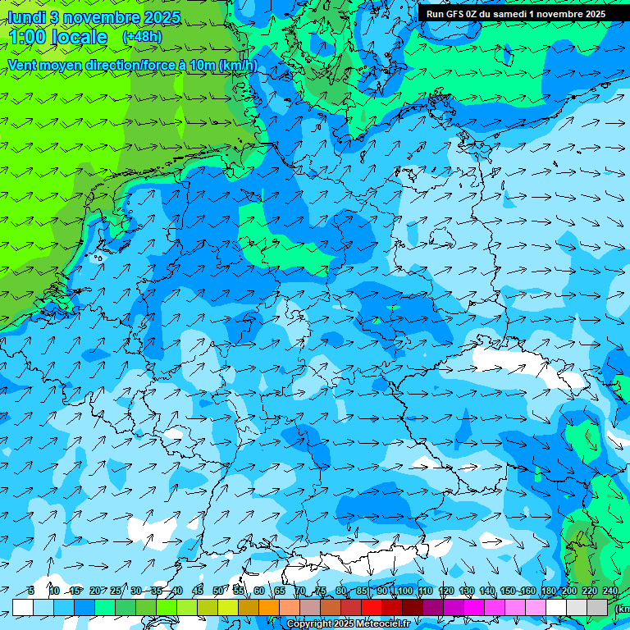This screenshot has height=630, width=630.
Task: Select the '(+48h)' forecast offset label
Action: tap(142, 37)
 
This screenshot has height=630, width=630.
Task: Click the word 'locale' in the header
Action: tap(79, 37)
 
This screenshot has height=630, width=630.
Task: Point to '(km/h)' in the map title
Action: tap(238, 65)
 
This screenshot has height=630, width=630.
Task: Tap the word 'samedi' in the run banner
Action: tap(503, 13)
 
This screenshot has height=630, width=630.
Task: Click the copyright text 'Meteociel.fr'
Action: tap(381, 624)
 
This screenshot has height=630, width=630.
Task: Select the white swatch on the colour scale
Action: tap(23, 607)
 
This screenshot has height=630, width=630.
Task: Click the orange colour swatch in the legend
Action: tap(269, 607)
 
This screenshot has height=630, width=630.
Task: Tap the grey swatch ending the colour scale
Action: tap(597, 607)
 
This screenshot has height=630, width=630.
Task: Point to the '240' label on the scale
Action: tap(609, 591)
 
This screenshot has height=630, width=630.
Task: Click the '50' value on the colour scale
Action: tap(218, 591)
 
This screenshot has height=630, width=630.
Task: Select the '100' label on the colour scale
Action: tap(404, 591)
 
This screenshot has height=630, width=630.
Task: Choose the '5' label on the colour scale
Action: tap(31, 591)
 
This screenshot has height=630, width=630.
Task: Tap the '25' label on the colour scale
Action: tap(116, 591)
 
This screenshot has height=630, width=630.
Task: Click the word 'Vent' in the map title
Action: tap(22, 65)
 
